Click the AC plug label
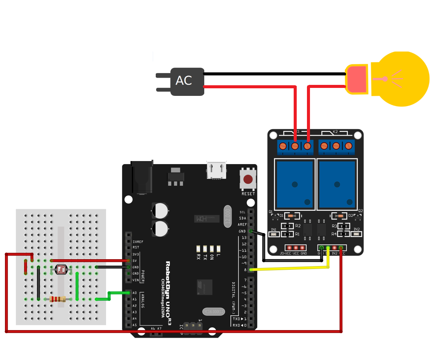184,81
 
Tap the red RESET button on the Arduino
248,179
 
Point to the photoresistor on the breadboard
62,269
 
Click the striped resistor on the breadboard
58,299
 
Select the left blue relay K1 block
295,184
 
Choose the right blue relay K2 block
337,184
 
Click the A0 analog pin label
135,293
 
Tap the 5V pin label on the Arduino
135,260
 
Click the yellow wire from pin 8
288,268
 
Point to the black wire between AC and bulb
273,74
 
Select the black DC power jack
142,177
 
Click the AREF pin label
243,225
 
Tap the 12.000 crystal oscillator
227,216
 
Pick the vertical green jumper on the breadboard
77,286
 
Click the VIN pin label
136,280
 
